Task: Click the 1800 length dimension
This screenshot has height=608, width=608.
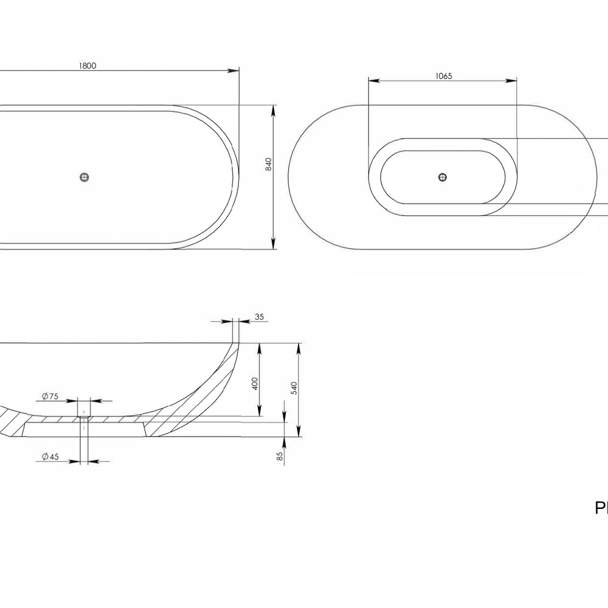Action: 88,66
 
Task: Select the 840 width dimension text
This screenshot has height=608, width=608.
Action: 268,164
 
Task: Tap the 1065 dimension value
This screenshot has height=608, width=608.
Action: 444,76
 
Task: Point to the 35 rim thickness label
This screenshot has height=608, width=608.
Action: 259,317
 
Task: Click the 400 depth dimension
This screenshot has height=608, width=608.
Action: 255,384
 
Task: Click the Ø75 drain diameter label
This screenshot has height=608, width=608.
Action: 50,396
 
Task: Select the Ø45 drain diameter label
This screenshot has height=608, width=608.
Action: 50,457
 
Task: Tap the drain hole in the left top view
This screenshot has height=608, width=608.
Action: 85,177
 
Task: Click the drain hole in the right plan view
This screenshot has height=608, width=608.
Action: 443,177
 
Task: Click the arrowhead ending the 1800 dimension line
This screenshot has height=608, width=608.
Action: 234,71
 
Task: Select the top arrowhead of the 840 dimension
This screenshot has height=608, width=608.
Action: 275,109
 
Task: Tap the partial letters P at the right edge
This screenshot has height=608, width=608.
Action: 601,509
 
